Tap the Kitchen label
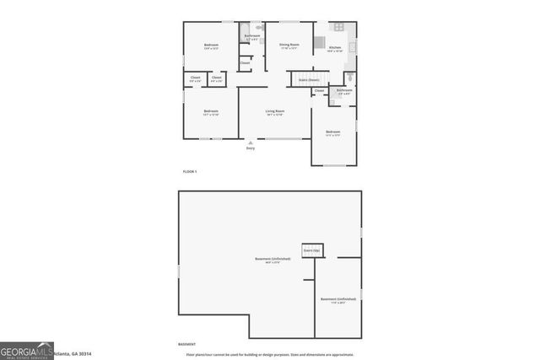tap(334, 48)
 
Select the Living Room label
tap(274, 111)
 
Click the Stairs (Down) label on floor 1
tap(307, 79)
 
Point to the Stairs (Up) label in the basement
tap(311, 250)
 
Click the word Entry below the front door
tap(250, 148)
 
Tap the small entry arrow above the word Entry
tap(250, 142)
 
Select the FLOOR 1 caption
tap(190, 171)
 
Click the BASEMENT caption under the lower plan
tap(186, 344)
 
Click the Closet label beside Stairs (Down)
tap(319, 90)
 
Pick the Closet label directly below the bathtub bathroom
tap(245, 62)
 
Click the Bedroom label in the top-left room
tap(211, 45)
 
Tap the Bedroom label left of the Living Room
tap(211, 111)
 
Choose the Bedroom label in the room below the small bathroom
tap(334, 132)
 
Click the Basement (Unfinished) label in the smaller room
tap(337, 299)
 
